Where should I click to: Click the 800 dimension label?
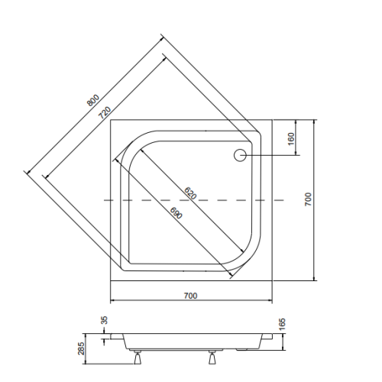tap(93, 100)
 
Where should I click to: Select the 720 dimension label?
tap(105, 112)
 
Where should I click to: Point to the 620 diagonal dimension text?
tap(190, 193)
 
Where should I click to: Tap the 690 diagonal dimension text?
tap(176, 213)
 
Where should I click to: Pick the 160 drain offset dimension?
tap(291, 139)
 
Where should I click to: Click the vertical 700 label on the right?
tap(308, 199)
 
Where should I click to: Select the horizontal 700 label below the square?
tap(190, 296)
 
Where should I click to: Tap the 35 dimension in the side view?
tap(105, 320)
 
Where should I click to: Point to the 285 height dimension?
tap(81, 348)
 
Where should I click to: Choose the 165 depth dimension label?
tap(283, 324)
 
